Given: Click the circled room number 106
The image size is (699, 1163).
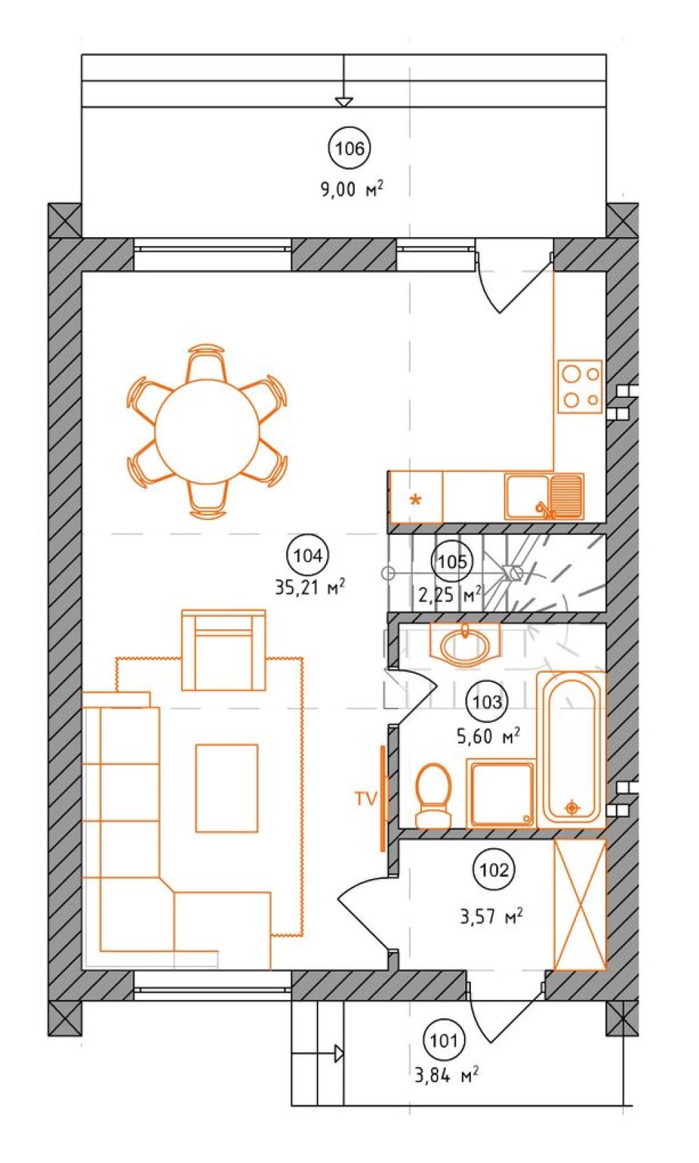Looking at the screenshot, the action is point(349,149).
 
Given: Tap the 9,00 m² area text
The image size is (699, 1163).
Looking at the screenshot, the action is point(351,188).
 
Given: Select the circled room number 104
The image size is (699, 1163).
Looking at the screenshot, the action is point(308,556).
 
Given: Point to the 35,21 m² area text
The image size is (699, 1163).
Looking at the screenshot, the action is point(309,587).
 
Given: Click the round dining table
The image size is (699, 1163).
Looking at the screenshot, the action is point(207,431).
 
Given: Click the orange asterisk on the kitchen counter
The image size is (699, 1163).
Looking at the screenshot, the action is point(416,500).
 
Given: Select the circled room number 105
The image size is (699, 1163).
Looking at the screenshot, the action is point(452,562).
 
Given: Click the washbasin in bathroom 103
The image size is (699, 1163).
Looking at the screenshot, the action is point(465,644).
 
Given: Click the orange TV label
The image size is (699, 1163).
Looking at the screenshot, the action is point(366,799).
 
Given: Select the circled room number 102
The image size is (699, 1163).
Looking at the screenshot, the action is point(494,870).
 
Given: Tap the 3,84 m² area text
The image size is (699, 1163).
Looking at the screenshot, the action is point(446,1075).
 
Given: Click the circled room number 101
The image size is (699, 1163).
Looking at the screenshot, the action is point(444,1041).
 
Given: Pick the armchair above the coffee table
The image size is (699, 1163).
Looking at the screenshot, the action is point(223,650).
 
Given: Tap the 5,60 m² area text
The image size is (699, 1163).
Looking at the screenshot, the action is point(488,736).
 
